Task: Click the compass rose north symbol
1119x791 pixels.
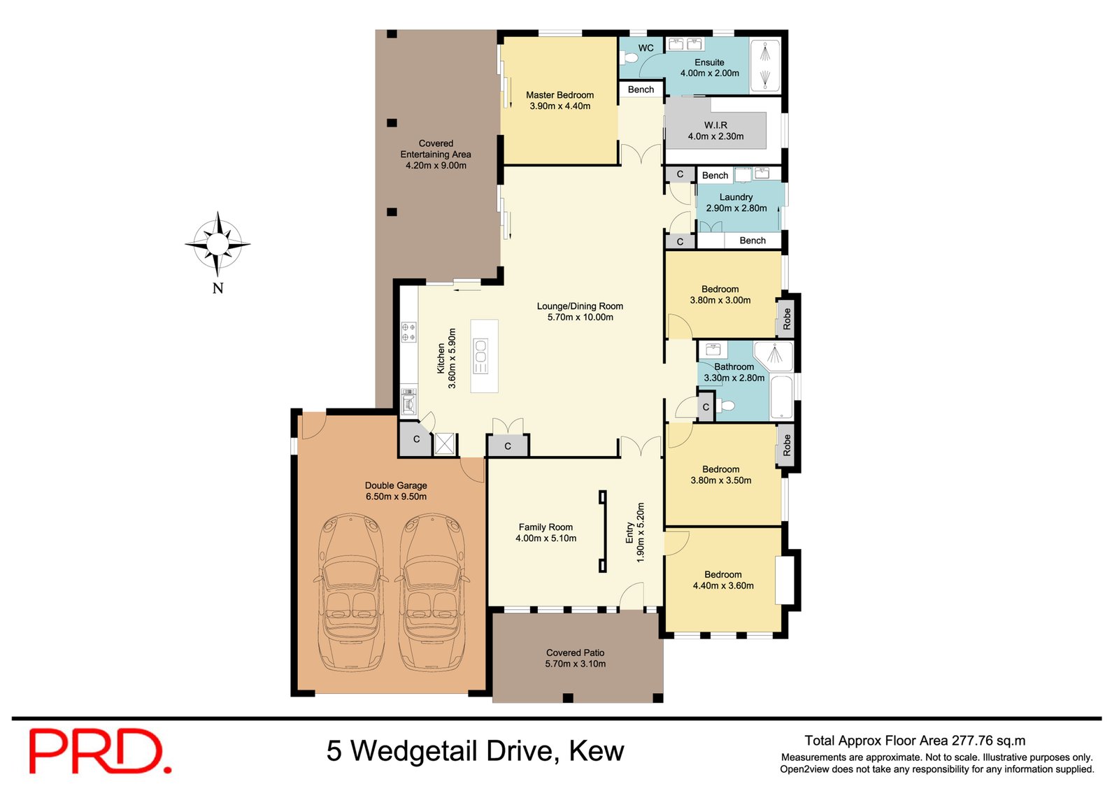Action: pyautogui.click(x=218, y=244)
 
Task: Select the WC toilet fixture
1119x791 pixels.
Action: pyautogui.click(x=630, y=58)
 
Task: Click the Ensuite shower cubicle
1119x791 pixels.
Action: pyautogui.click(x=765, y=67)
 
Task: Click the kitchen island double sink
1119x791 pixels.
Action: pyautogui.click(x=480, y=356)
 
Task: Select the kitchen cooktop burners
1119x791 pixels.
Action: pyautogui.click(x=408, y=332)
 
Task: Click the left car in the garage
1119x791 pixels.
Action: pyautogui.click(x=351, y=592)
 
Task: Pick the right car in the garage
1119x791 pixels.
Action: pyautogui.click(x=432, y=592)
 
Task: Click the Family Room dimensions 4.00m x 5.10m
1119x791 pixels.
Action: pyautogui.click(x=546, y=539)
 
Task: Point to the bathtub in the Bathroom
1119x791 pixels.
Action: pyautogui.click(x=781, y=398)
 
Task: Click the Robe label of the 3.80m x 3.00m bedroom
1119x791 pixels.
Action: pyautogui.click(x=787, y=319)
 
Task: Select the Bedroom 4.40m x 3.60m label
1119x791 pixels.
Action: pyautogui.click(x=723, y=580)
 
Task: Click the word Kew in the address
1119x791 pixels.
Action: pyautogui.click(x=596, y=751)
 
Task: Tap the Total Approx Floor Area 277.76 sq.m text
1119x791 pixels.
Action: pyautogui.click(x=915, y=741)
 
